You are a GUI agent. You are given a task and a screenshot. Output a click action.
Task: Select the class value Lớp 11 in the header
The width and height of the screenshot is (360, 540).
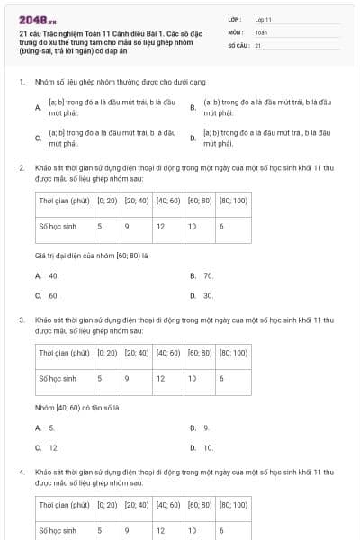tap(263, 18)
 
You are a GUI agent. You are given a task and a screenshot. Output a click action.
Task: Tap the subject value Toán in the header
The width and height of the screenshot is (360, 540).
tap(261, 31)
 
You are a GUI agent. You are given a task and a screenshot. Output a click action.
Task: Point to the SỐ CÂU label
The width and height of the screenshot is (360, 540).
tap(238, 44)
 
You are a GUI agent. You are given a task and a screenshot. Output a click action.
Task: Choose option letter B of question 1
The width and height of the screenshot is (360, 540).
tap(193, 108)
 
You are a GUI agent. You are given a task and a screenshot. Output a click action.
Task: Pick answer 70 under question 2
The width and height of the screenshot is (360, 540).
tap(208, 275)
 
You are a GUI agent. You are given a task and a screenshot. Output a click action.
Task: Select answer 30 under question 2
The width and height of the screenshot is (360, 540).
tap(208, 295)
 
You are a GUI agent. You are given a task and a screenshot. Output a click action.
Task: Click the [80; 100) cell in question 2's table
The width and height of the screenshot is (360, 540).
tap(234, 201)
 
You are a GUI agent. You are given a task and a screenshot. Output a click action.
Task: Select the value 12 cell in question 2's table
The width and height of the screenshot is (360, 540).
tap(160, 227)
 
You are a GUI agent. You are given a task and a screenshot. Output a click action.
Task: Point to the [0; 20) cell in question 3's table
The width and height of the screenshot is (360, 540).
tap(107, 353)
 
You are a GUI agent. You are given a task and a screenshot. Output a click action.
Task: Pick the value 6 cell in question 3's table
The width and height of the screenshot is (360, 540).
tap(221, 379)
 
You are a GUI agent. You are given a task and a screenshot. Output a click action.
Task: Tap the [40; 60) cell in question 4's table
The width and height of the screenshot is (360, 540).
tap(168, 505)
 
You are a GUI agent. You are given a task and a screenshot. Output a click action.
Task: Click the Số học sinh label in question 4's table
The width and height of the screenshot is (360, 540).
tap(58, 531)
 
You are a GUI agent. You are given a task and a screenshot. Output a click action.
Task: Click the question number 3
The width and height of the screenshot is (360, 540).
tap(22, 319)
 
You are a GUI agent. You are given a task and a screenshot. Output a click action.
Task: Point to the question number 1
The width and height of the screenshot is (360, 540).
tap(22, 82)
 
